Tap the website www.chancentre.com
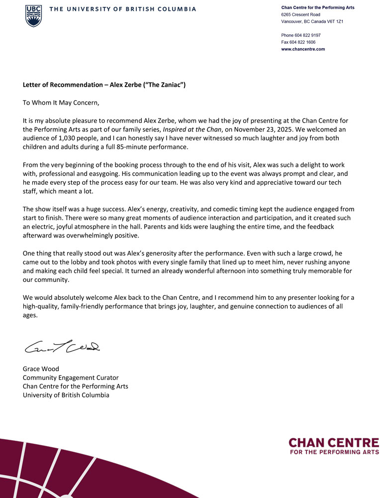[x=303, y=49]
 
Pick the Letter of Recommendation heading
[x=104, y=85]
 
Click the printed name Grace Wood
[x=41, y=369]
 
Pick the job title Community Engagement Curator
[x=71, y=377]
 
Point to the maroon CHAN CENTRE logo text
[x=333, y=443]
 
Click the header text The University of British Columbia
[x=122, y=9]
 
